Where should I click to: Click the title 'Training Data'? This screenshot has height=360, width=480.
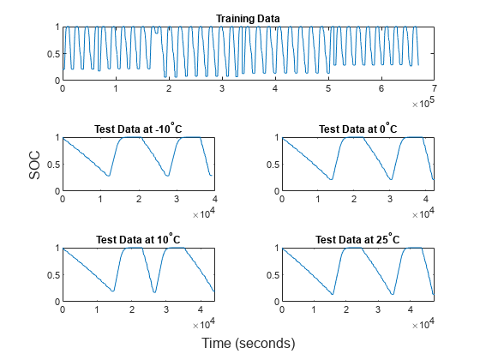[248, 18]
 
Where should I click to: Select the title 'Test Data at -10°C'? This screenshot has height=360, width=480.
[137, 129]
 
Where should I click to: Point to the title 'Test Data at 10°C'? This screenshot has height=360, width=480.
[137, 240]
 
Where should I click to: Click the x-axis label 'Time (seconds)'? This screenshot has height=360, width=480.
[248, 343]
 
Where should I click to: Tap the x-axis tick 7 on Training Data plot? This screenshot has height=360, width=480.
[435, 88]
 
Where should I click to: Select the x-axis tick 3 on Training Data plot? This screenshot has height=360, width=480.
[222, 88]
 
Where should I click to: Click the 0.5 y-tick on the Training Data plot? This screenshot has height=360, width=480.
[52, 53]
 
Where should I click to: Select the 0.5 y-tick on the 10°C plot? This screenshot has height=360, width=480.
[52, 274]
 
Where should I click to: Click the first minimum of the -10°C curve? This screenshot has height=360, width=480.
[109, 176]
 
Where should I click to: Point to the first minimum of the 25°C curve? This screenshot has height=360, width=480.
[333, 294]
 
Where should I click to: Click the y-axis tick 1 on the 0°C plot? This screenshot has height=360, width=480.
[277, 137]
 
